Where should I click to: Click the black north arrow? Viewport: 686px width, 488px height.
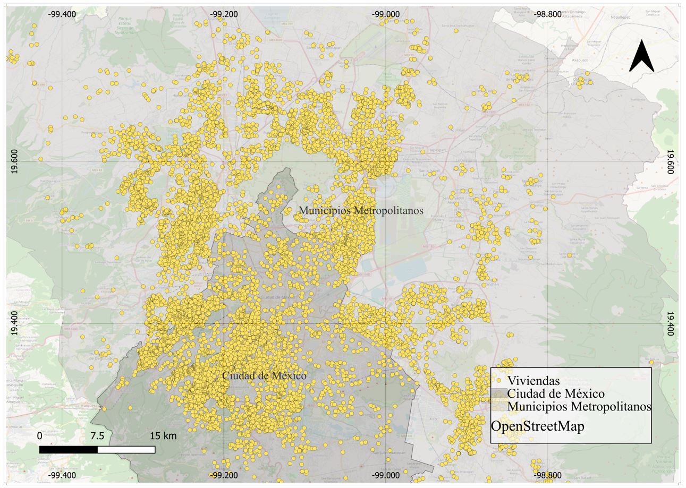(641, 57)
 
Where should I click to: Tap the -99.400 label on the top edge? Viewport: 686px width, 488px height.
(62, 14)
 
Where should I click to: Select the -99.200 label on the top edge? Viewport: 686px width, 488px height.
(224, 14)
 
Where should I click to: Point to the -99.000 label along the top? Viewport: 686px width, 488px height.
(386, 14)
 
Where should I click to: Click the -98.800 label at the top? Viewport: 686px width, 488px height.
(548, 14)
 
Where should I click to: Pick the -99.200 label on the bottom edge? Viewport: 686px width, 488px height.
(224, 475)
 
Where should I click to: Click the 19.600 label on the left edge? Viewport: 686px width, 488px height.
(14, 161)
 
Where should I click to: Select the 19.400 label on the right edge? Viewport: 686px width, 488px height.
(670, 323)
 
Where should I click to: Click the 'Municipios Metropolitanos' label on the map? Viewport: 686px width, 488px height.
(361, 211)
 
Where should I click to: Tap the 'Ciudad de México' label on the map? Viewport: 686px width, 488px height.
(264, 376)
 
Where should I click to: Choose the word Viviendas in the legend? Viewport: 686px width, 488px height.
(533, 381)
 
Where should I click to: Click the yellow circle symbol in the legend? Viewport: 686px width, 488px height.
(498, 381)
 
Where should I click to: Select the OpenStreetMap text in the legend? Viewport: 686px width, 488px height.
(537, 426)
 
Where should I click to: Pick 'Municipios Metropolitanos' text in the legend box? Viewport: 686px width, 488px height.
(579, 407)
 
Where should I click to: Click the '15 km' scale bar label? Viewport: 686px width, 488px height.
(163, 436)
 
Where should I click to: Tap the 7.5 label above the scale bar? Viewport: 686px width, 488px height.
(97, 436)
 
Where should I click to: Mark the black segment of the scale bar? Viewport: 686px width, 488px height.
(69, 450)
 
